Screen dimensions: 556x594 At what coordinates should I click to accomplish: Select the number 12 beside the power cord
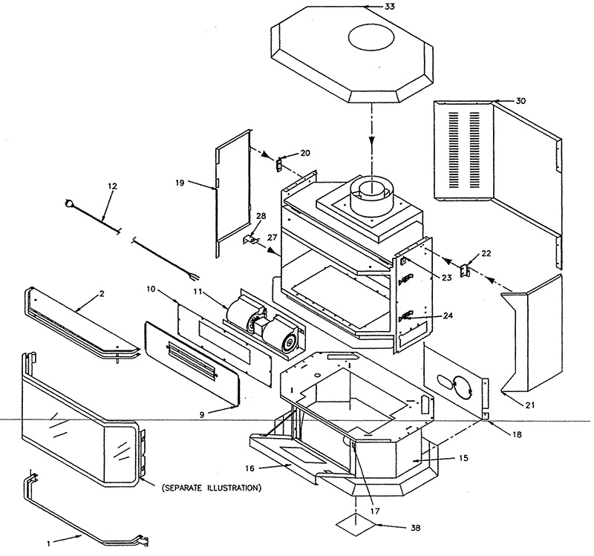click(113, 185)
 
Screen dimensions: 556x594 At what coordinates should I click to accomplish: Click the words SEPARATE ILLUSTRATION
click(210, 487)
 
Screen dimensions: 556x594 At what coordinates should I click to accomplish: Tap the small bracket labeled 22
click(466, 272)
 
